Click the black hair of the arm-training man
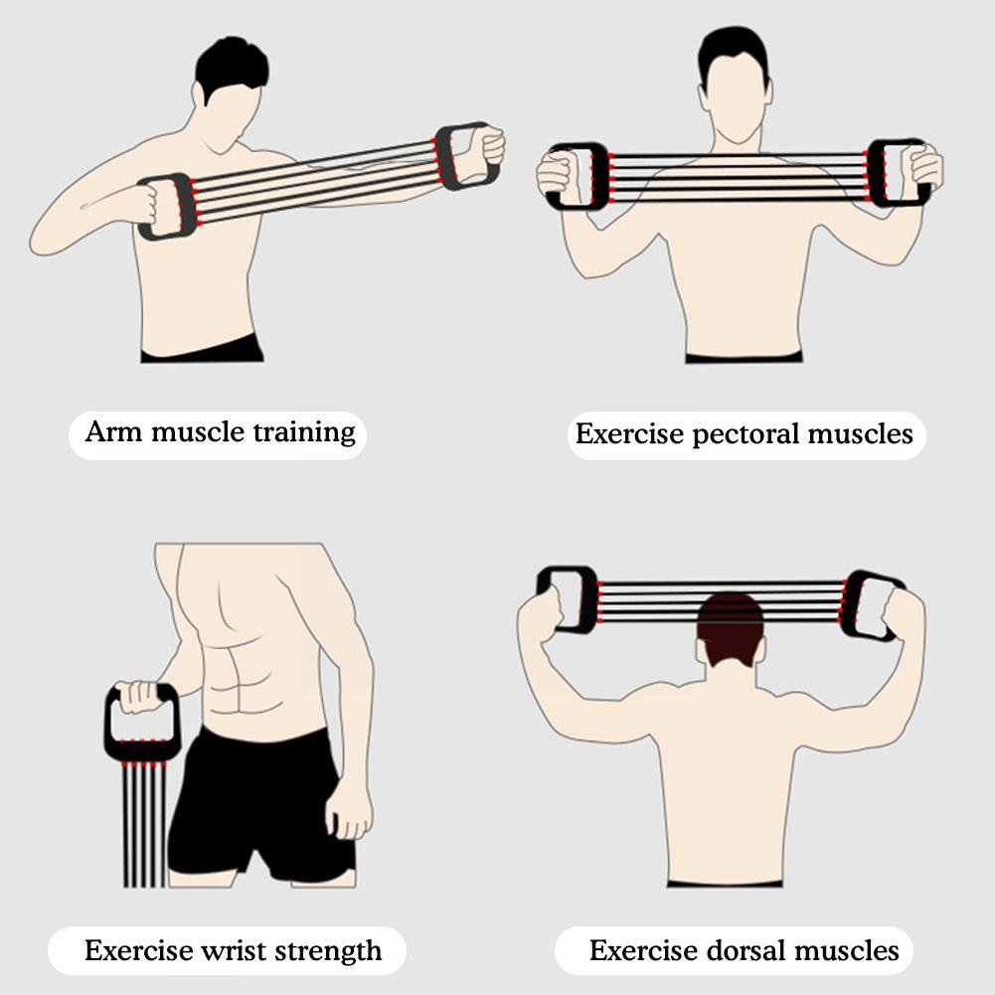click(x=231, y=66)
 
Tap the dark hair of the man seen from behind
click(x=731, y=626)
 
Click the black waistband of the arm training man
click(x=203, y=350)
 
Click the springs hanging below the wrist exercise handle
click(x=144, y=825)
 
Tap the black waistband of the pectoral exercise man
click(x=744, y=357)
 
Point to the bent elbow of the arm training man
click(x=44, y=239)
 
